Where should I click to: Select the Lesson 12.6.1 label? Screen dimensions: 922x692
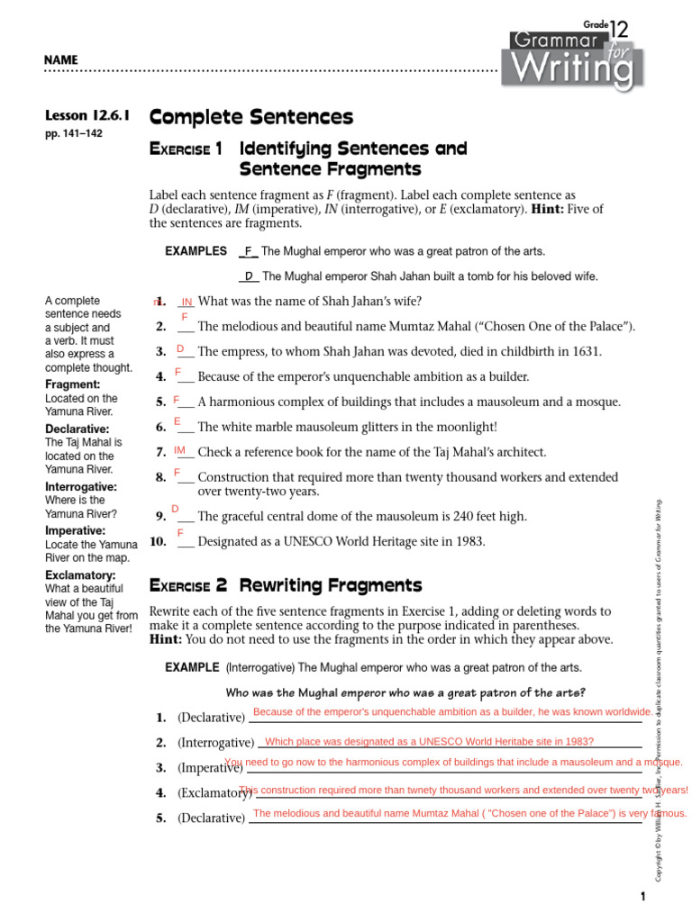coord(88,115)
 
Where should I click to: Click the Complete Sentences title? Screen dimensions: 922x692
coord(251,117)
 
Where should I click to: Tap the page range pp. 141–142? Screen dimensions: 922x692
coord(76,133)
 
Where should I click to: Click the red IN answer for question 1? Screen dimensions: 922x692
coord(187,302)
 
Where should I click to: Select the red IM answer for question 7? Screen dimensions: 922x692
coord(179,449)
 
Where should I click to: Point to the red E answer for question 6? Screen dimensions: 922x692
coord(178,421)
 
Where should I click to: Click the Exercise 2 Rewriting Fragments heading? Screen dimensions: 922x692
coord(286,585)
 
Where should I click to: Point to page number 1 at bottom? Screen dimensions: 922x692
coord(643,897)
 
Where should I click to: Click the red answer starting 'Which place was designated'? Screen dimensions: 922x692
coord(430,741)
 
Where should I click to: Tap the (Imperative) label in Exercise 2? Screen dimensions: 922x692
coord(210,768)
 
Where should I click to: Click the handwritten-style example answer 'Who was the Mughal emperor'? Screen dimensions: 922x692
coord(405,692)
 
